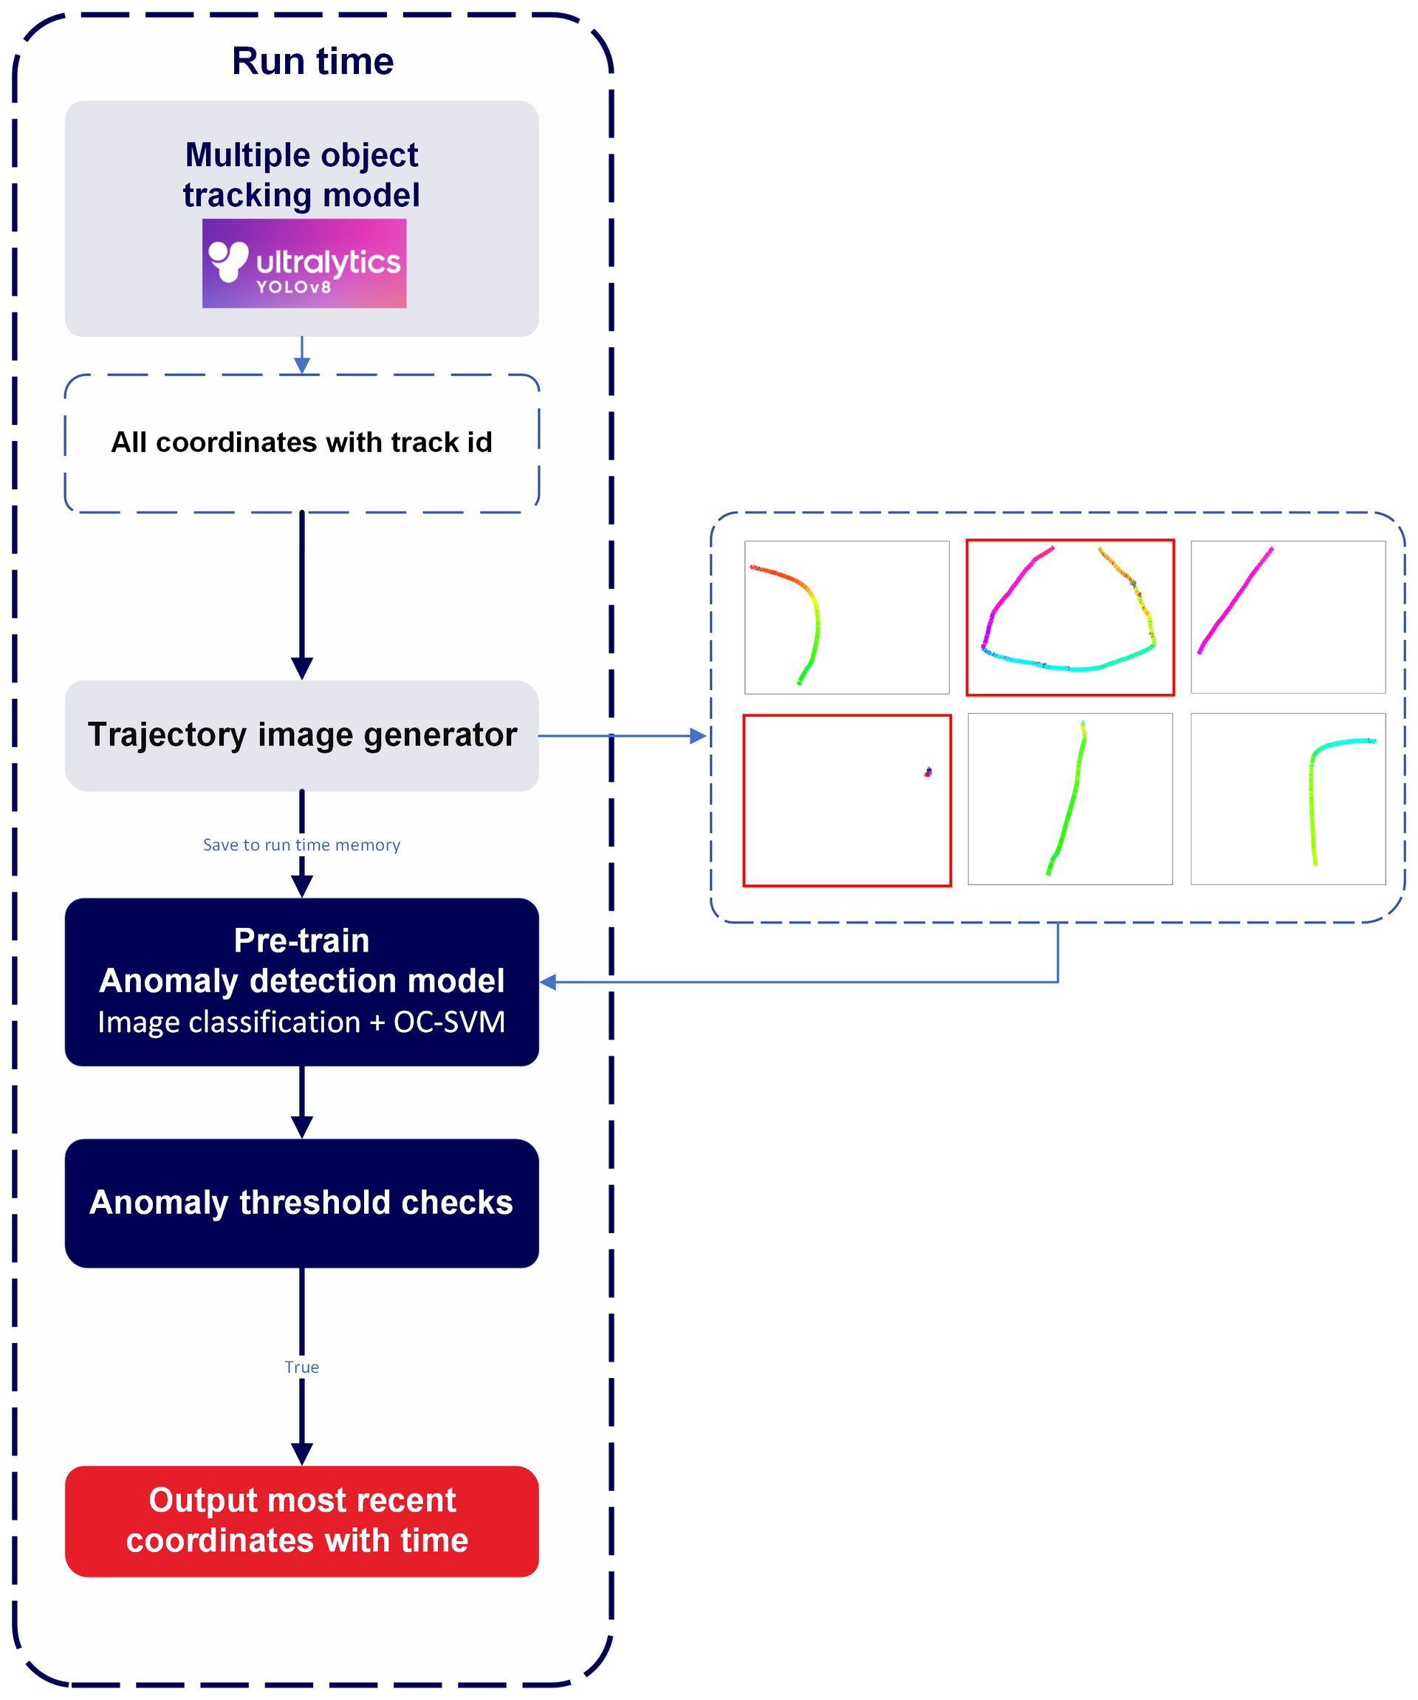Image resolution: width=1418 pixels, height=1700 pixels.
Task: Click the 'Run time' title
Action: coord(312,61)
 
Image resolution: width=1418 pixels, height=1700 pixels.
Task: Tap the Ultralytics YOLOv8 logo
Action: coord(304,263)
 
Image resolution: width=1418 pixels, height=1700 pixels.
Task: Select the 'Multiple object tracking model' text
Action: coord(301,174)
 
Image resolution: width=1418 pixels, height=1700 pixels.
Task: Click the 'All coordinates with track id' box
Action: coord(301,443)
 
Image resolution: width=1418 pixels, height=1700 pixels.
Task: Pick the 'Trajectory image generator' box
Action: coord(301,735)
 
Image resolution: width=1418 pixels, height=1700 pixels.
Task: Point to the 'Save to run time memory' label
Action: coord(301,845)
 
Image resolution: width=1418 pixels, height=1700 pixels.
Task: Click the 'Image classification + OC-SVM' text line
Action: coord(301,1023)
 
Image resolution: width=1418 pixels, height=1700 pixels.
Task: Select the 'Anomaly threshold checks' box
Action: coord(301,1203)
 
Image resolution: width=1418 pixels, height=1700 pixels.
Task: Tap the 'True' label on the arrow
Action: coord(301,1368)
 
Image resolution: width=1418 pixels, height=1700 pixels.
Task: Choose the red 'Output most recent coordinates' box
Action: coord(301,1521)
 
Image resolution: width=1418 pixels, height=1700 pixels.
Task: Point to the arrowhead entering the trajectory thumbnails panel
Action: coord(698,736)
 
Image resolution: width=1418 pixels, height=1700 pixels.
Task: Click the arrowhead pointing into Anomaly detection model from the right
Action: coord(549,982)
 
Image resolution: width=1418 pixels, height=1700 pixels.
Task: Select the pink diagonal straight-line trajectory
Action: coord(1235,600)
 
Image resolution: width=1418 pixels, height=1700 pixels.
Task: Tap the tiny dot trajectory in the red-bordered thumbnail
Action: coord(928,772)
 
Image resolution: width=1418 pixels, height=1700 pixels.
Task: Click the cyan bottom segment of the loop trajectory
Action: coord(1069,667)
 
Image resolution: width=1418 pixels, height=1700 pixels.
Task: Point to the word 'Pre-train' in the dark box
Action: coord(301,941)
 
